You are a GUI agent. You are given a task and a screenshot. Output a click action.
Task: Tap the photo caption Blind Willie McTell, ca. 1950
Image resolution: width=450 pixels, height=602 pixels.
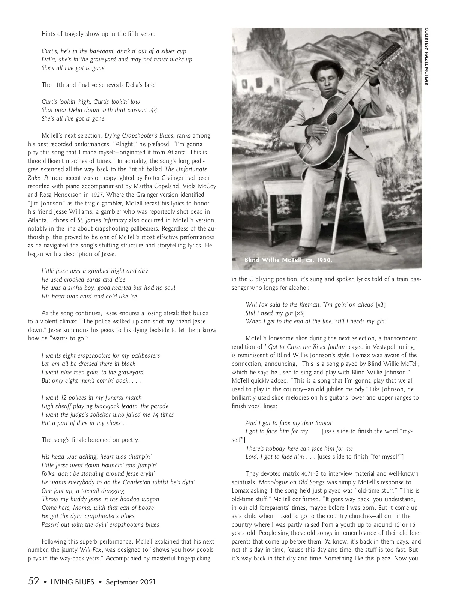point(288,260)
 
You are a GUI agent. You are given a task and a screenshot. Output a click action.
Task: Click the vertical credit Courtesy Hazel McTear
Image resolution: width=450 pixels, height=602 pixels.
point(426,57)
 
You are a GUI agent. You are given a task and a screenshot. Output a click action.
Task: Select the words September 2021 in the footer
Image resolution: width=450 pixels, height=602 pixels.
point(130,582)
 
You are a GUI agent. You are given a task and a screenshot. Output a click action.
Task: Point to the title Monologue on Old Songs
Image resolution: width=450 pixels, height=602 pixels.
point(292,482)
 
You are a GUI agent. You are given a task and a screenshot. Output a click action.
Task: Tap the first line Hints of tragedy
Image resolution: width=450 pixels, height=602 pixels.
point(98,34)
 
